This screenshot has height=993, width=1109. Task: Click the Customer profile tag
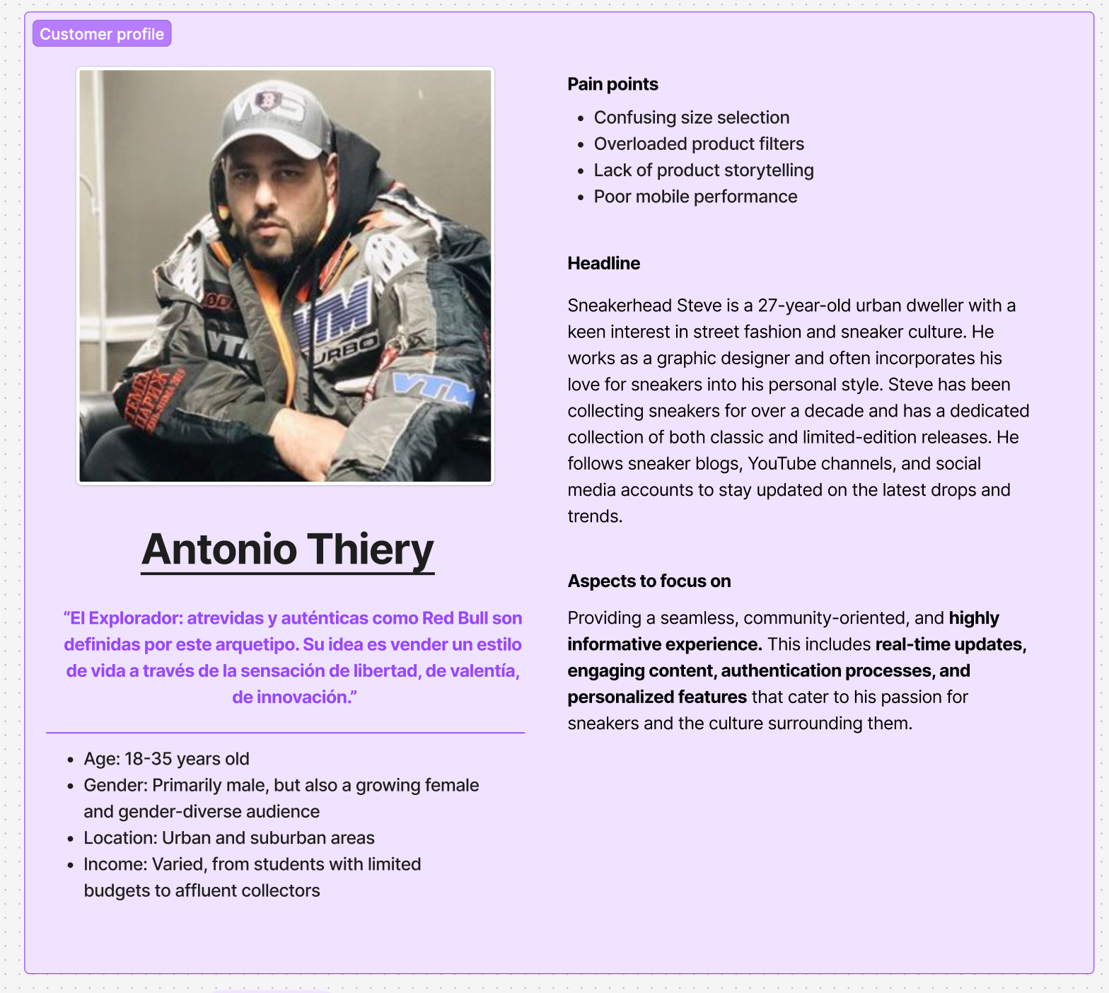[x=102, y=34]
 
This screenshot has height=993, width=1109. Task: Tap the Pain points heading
[x=612, y=84]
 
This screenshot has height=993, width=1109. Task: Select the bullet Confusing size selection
[x=691, y=117]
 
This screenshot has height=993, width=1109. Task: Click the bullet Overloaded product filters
[x=698, y=144]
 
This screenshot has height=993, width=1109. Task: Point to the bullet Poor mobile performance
[x=695, y=197]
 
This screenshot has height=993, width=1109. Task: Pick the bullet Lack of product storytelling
[x=703, y=170]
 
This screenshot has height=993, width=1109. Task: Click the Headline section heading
[x=603, y=263]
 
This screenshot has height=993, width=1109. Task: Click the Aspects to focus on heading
[x=649, y=581]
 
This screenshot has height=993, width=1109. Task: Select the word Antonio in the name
[x=219, y=550]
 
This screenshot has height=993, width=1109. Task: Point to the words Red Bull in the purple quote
[x=454, y=618]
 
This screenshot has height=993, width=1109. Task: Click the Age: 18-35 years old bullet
[x=166, y=759]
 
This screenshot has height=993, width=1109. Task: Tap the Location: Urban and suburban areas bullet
[x=228, y=838]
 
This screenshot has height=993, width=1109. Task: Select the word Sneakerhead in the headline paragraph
[x=619, y=306]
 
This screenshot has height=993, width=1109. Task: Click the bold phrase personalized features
[x=656, y=697]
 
